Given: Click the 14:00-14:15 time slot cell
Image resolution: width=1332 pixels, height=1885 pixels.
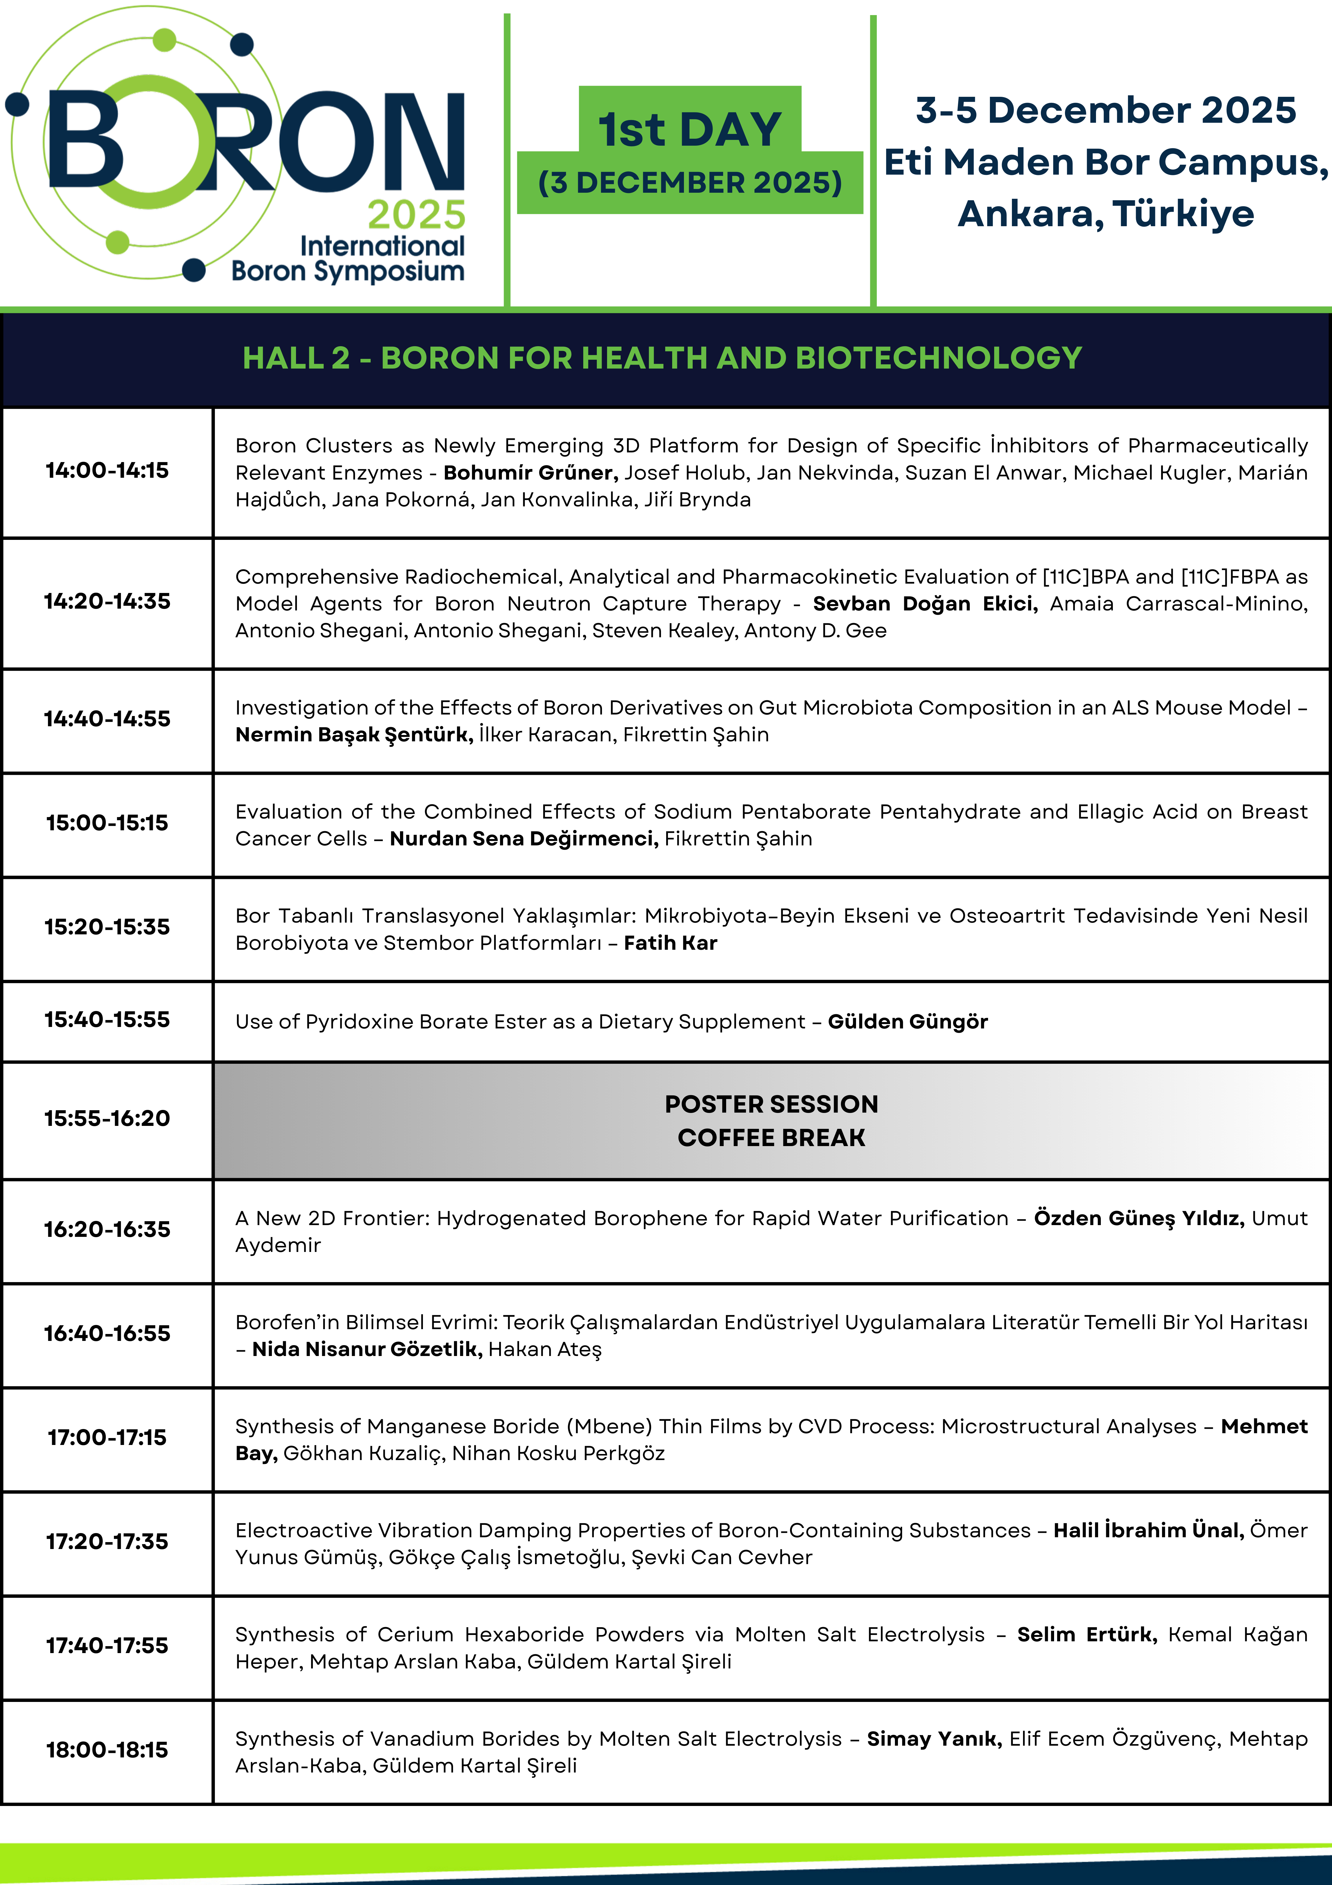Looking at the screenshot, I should [107, 470].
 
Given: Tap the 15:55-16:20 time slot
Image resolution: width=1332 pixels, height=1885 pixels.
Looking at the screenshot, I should [107, 1118].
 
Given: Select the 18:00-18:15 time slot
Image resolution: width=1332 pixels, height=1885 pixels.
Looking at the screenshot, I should [107, 1750].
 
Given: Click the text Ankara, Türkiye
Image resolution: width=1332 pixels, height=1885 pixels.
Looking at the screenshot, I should [1106, 214].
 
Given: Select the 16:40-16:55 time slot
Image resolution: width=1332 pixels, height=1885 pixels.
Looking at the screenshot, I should [107, 1333].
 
